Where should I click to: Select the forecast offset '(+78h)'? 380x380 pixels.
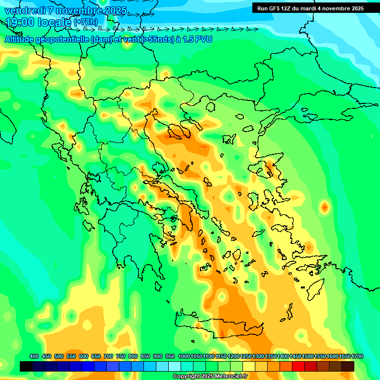(85, 22)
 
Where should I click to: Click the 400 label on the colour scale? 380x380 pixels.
(34, 357)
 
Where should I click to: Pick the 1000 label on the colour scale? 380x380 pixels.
(184, 357)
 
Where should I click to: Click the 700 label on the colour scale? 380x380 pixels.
(108, 357)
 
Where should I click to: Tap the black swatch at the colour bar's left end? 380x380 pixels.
(26, 366)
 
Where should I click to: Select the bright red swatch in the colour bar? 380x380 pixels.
(298, 366)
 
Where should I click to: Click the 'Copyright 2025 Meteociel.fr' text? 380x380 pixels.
(210, 377)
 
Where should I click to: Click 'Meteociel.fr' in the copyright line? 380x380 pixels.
(232, 377)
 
